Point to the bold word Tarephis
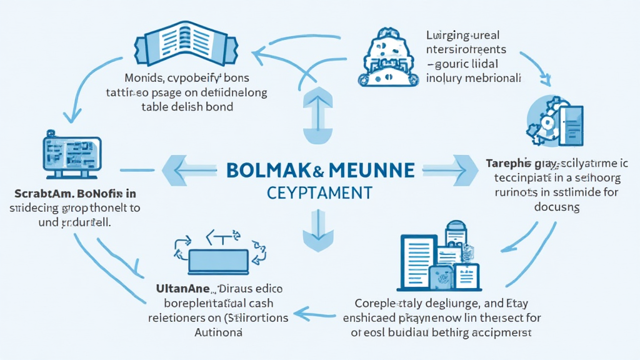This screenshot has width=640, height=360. point(507,163)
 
